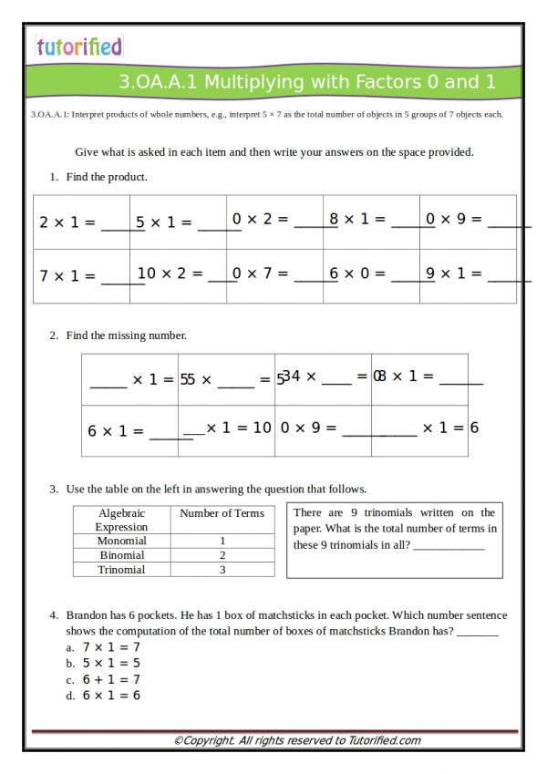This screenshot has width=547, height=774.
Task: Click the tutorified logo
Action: tap(79, 46)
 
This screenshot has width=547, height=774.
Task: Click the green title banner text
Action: tap(307, 82)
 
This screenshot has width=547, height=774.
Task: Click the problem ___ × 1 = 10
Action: tap(228, 428)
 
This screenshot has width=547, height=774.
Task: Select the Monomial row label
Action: tap(121, 541)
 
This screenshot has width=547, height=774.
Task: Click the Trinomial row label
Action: tap(121, 570)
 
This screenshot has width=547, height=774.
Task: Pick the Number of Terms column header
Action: tap(222, 513)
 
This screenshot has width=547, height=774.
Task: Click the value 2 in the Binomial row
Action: tap(222, 555)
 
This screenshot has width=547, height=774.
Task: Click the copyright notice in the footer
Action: tap(297, 740)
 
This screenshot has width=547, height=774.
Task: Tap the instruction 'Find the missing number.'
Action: tap(126, 335)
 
